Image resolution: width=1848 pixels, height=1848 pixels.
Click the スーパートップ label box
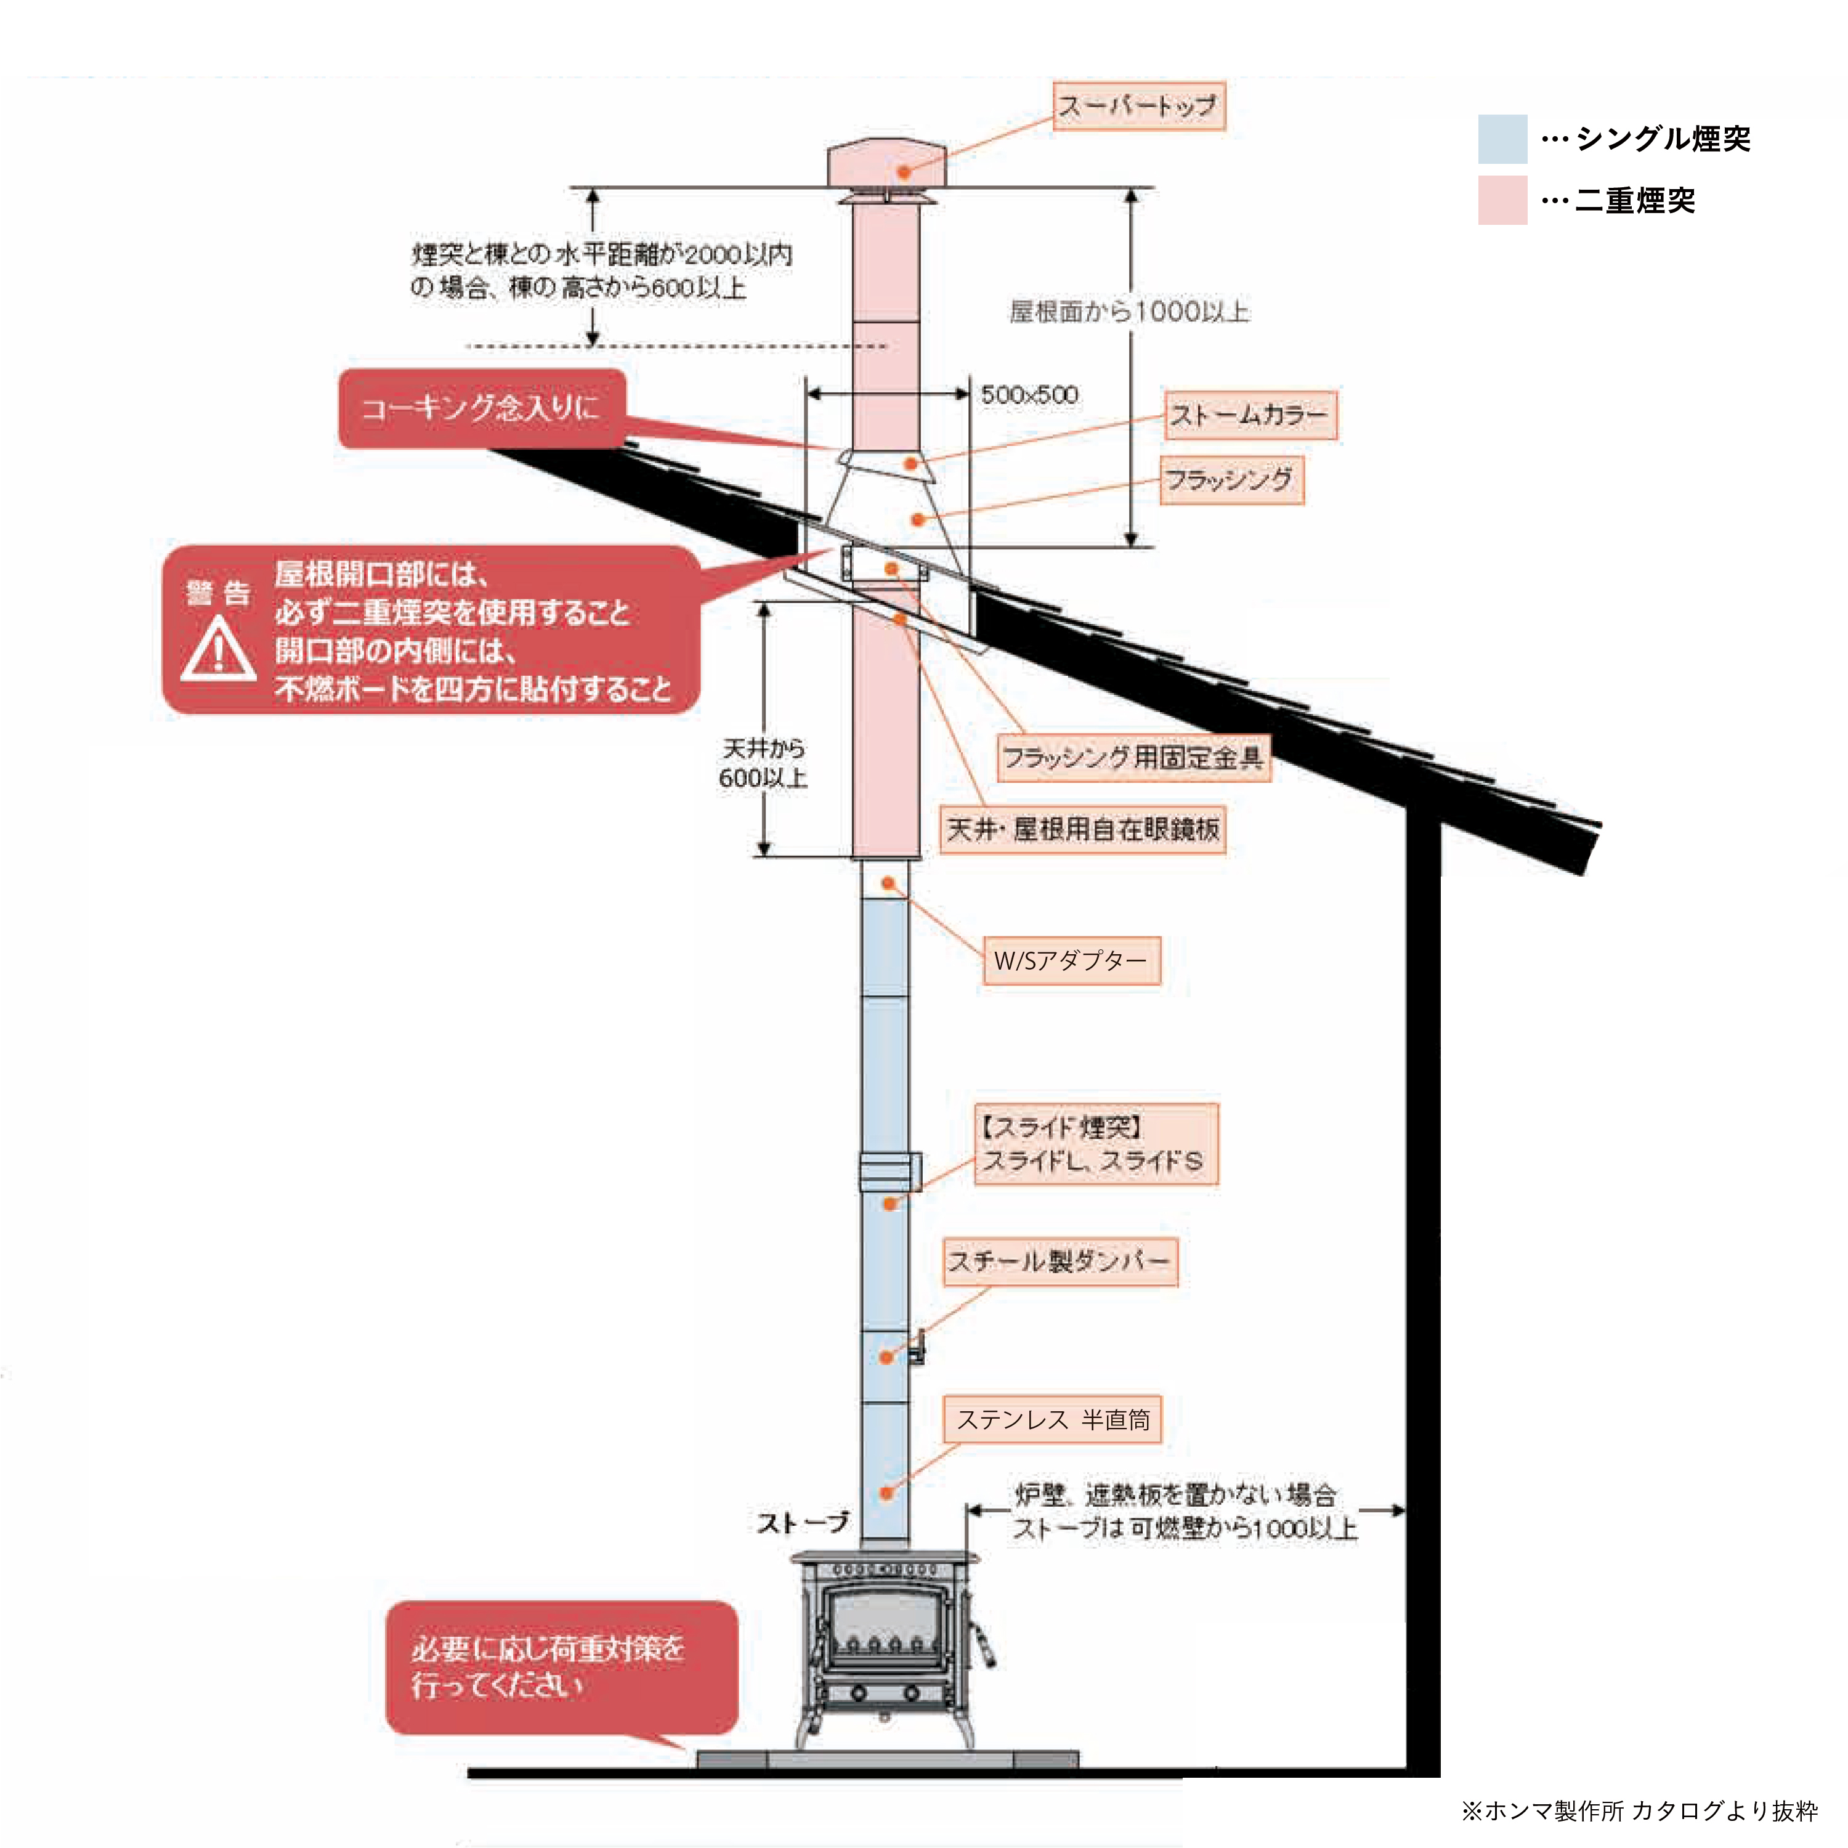click(x=1138, y=106)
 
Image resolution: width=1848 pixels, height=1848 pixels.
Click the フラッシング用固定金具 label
click(x=1133, y=758)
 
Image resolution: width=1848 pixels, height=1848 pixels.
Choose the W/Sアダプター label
click(x=1071, y=960)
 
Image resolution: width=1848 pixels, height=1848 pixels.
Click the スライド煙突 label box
click(x=1095, y=1144)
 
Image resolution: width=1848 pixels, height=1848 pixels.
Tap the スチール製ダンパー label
click(x=1060, y=1262)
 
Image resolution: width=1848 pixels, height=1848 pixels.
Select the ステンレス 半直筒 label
click(x=1052, y=1419)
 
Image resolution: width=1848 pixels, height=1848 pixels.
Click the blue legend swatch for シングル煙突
click(x=1502, y=139)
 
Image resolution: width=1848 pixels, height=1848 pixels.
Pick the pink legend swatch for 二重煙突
click(x=1502, y=200)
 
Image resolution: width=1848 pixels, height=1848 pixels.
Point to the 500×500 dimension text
click(x=1029, y=395)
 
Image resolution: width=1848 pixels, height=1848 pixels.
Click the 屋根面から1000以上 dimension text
click(x=1129, y=312)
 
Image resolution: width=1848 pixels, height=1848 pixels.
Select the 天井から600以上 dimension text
click(x=763, y=763)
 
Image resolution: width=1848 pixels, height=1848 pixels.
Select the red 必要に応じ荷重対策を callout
click(x=561, y=1668)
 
